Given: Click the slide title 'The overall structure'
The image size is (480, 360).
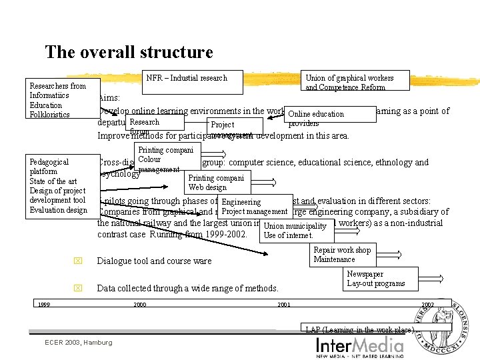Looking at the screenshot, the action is click(129, 52).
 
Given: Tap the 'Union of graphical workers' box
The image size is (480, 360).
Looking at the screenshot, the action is click(349, 82).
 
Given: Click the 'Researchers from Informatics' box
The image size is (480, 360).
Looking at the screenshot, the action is click(59, 100).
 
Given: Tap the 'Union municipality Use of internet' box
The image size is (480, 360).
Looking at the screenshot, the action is click(295, 230).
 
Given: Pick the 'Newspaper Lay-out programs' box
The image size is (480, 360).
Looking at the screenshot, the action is click(375, 279).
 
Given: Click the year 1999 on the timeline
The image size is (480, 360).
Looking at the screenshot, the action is click(43, 305).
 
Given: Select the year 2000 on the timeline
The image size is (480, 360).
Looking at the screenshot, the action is click(140, 305).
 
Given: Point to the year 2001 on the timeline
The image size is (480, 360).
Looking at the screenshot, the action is click(283, 305).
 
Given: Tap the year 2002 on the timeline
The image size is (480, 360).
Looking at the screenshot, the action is click(427, 305).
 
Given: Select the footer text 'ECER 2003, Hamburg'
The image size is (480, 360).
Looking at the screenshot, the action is click(78, 343).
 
